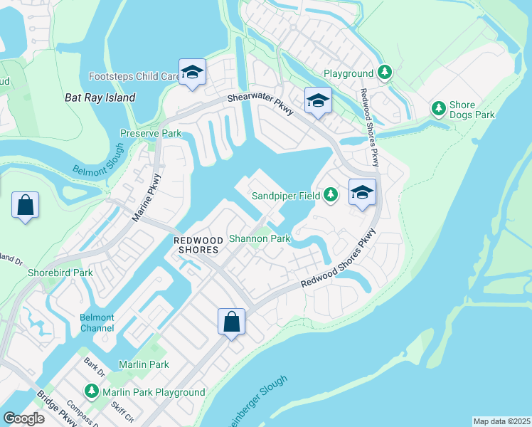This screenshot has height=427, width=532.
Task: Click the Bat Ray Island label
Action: (x=100, y=97)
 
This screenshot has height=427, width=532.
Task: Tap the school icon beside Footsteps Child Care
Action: (x=191, y=72)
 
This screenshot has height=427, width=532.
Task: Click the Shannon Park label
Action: (x=259, y=238)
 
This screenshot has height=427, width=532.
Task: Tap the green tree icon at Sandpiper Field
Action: (x=330, y=194)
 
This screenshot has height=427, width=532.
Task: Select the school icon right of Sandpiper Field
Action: (x=362, y=192)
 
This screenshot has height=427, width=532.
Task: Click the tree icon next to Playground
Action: (x=385, y=72)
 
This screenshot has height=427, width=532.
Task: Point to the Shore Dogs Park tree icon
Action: (x=439, y=108)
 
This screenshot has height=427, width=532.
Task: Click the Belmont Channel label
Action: (x=97, y=322)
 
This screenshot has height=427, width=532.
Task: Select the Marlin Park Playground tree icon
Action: (x=92, y=391)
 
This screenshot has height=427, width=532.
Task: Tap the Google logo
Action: (x=23, y=418)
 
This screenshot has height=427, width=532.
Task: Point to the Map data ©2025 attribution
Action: (x=501, y=421)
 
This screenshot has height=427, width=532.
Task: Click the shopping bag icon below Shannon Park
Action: (x=232, y=322)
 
